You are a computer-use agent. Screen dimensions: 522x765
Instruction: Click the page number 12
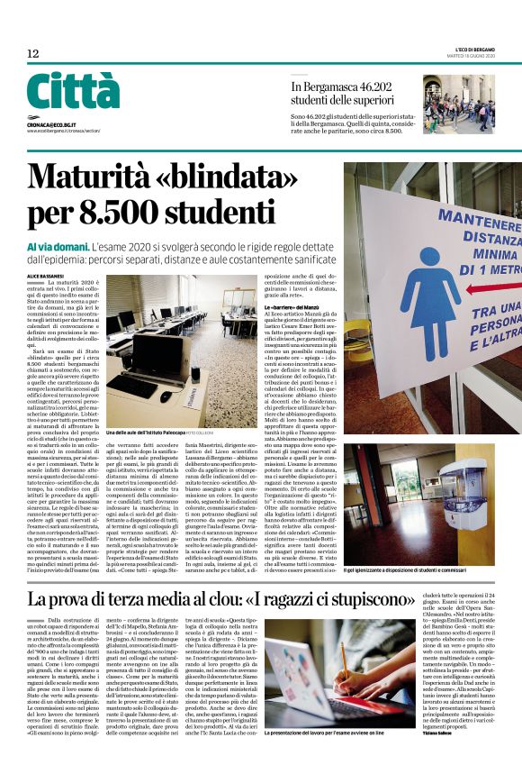pyautogui.click(x=33, y=54)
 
